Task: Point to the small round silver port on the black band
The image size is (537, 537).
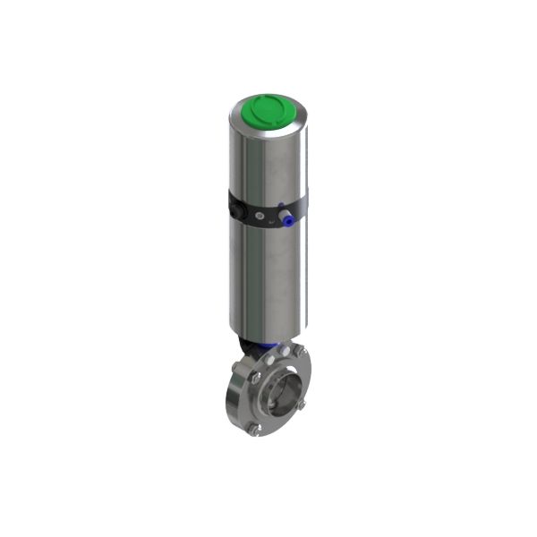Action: pos(260,216)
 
